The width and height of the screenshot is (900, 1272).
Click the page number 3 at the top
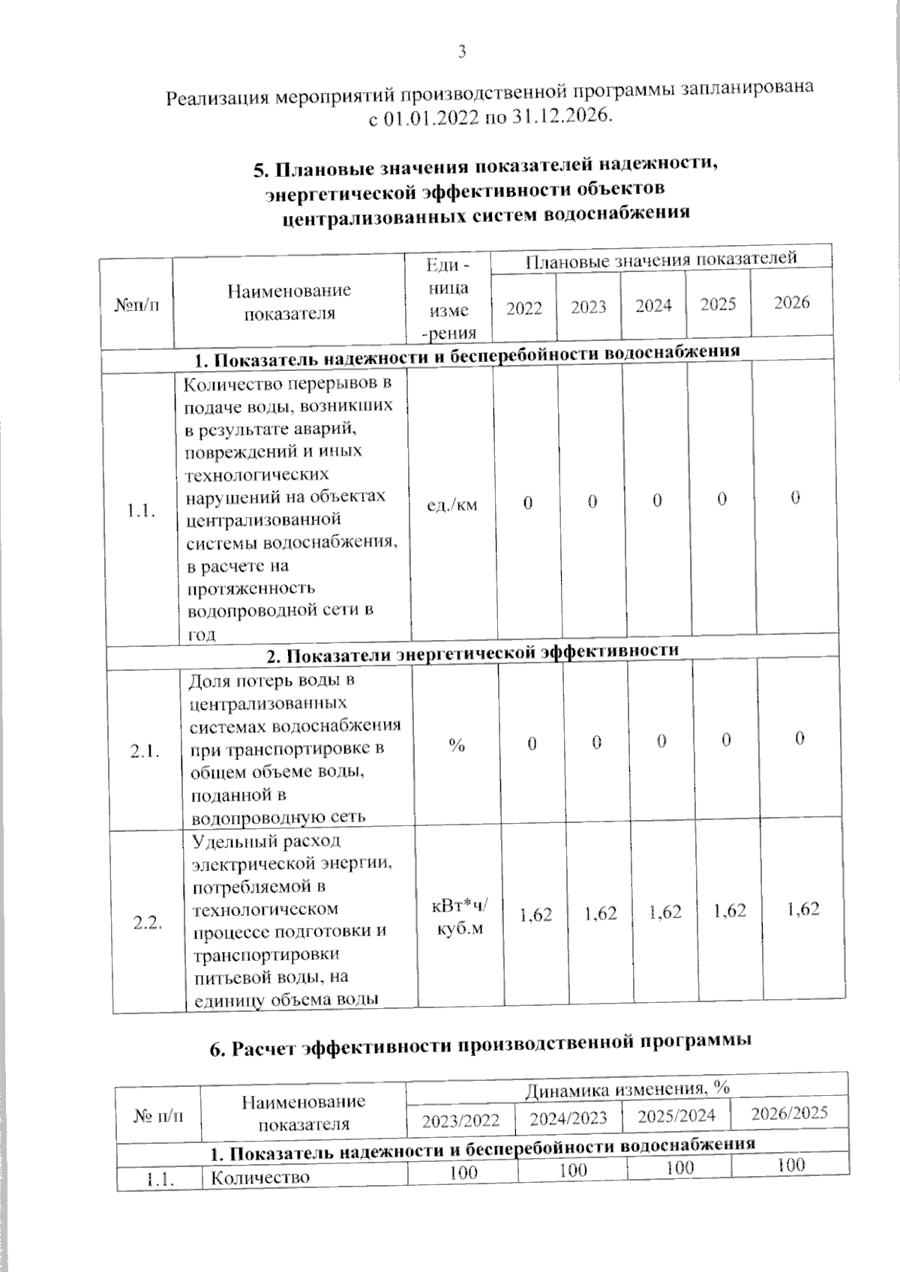coord(462,52)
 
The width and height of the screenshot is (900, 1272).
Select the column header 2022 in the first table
coord(523,308)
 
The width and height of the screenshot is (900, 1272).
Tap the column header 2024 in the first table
coord(653,306)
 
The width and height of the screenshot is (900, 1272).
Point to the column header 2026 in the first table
coord(792,302)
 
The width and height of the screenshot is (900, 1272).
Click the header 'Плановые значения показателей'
coord(660,260)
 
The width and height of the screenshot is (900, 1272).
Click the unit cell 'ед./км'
coord(451,505)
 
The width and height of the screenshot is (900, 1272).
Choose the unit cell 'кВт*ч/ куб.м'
coord(459,917)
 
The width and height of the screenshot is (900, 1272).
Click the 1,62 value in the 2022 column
coord(535,914)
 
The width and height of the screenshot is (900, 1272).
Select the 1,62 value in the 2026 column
coord(803,909)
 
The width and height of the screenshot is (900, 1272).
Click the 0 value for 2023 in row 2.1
coord(596,743)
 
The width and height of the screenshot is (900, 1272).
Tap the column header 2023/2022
coord(460,1121)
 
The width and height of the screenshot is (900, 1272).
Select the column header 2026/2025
coord(789,1113)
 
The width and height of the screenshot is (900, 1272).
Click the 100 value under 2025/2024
coord(679,1168)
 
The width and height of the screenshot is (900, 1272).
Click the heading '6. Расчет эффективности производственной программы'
coord(480,1045)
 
